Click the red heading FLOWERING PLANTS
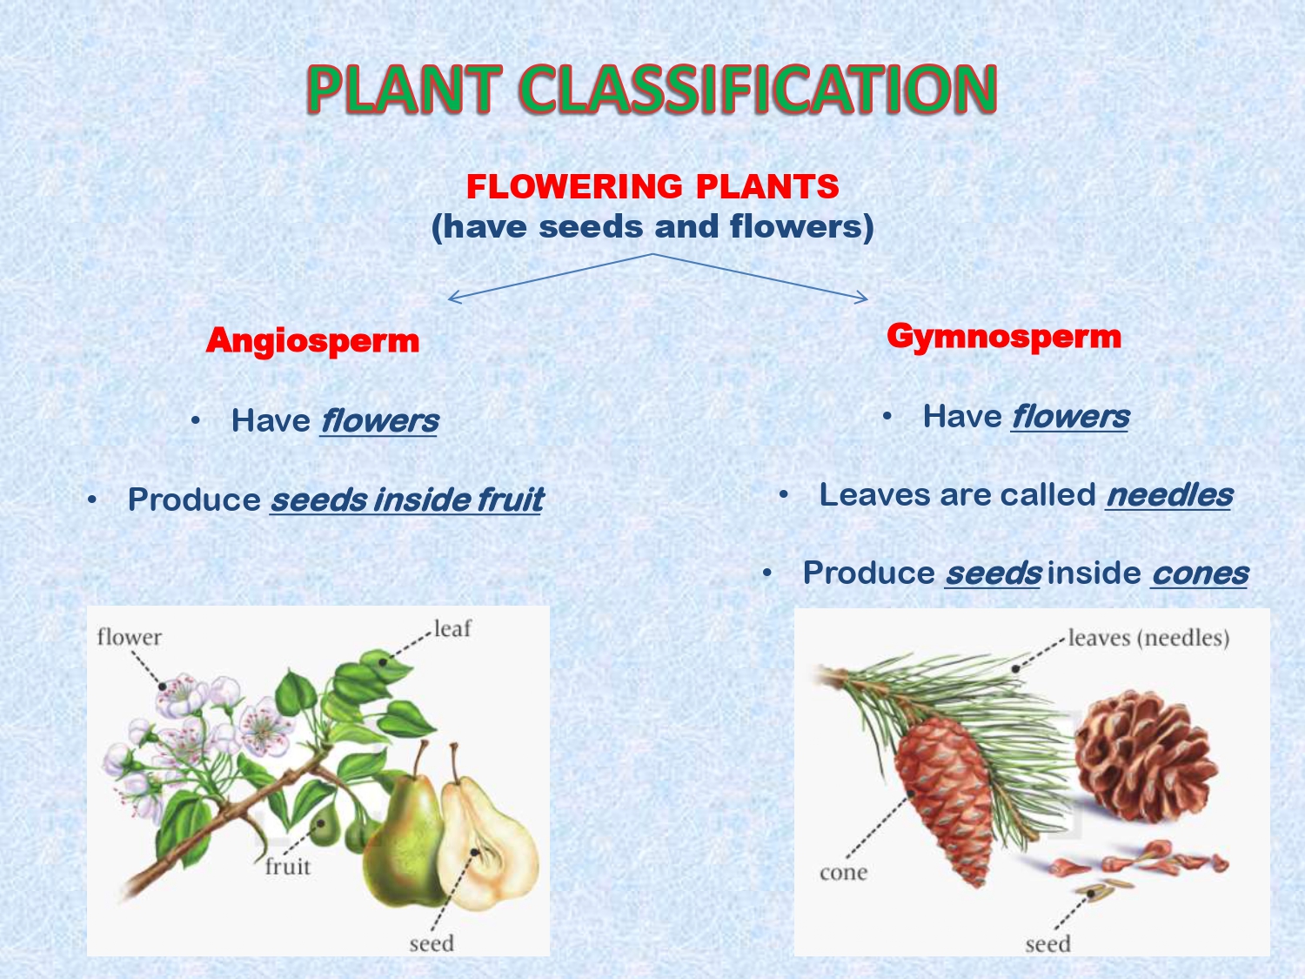pos(652,186)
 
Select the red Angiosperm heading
pos(312,340)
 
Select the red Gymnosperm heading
pos(1004,336)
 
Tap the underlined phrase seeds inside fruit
pos(406,500)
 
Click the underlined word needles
pos(1168,494)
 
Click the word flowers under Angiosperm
pos(378,420)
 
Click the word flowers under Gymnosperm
pos(1069,416)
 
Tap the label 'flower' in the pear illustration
pos(129,637)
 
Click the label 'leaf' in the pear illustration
pos(452,628)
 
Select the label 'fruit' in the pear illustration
pos(287,866)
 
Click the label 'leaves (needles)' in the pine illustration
pos(1148,637)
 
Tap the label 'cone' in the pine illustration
pos(843,872)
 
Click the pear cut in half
pos(489,844)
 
